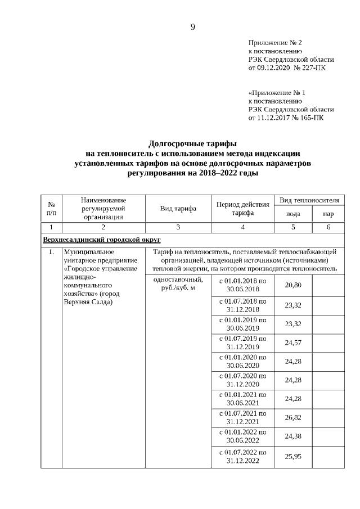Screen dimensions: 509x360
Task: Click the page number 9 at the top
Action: tap(192, 27)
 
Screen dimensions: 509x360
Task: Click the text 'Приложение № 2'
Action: tap(275, 43)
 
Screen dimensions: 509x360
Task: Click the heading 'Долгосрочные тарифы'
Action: tap(192, 143)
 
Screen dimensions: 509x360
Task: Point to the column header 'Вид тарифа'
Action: tap(178, 209)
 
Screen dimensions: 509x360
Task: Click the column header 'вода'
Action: tap(292, 214)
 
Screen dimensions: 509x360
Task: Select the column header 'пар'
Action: tap(328, 214)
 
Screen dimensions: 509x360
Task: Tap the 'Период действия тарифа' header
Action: tap(242, 209)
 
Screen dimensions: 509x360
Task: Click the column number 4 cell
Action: tap(242, 227)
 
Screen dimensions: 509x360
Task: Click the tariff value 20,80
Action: tap(293, 285)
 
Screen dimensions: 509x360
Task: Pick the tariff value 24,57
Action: tap(293, 343)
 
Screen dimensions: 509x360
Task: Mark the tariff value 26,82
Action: tap(293, 418)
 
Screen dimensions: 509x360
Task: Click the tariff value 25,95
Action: tap(293, 456)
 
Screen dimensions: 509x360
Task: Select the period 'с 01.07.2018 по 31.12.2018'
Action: tap(242, 305)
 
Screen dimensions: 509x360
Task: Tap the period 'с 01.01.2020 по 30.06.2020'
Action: tap(242, 362)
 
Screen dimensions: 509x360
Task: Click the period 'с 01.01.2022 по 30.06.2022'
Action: tap(242, 436)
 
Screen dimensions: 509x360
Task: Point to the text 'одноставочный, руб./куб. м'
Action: tap(177, 285)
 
